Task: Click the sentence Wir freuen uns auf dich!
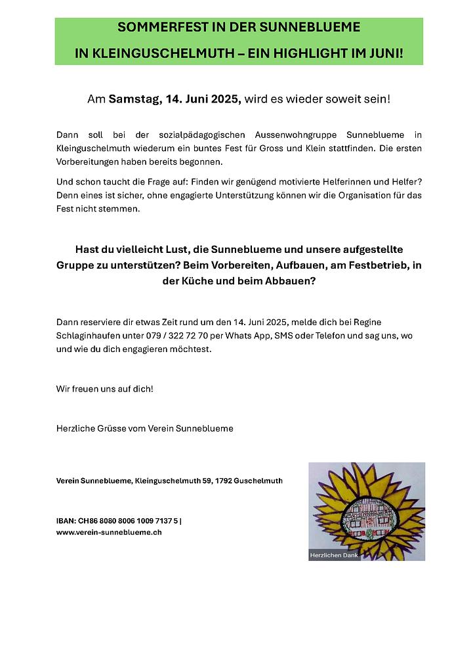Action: (x=105, y=389)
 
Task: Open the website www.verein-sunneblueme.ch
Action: (x=109, y=533)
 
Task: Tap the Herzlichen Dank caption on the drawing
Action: (x=333, y=556)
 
